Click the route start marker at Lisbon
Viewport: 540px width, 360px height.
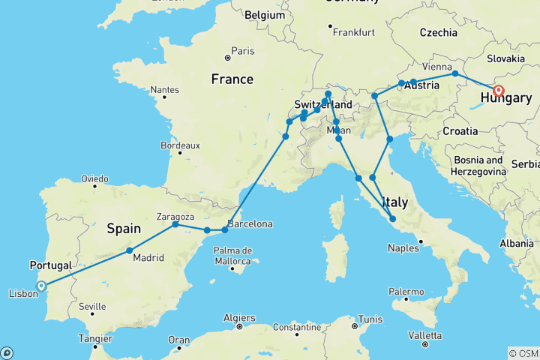pos(41,285)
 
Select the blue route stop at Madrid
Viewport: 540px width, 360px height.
pos(130,250)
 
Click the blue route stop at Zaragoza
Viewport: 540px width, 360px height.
pos(175,224)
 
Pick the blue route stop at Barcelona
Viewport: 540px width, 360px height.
pos(225,229)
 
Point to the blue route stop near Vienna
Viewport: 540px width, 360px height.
pos(455,73)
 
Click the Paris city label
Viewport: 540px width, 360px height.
pos(243,51)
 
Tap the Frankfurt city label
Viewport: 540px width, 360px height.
pos(355,33)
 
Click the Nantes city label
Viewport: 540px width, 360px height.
pos(164,89)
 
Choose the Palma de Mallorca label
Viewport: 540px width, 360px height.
pos(231,254)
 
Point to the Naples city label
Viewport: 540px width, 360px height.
pos(403,246)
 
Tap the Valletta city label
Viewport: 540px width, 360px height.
pos(425,334)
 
